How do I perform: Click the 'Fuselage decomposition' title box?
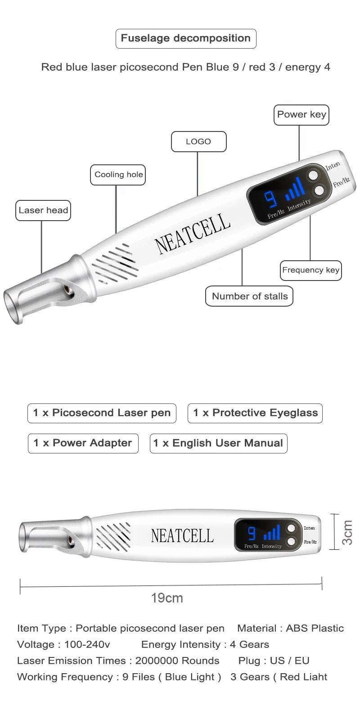186,38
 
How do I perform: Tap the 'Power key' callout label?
301,115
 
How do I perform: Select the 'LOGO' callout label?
198,142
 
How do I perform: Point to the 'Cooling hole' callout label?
118,175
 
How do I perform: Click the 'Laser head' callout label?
43,210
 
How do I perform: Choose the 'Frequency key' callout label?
310,270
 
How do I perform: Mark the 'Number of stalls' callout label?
249,296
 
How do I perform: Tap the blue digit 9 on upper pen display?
270,199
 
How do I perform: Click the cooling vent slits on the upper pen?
115,265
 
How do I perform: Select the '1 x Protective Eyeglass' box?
255,413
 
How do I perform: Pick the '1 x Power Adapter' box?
83,443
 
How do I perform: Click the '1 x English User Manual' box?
218,443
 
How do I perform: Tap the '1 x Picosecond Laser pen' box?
102,413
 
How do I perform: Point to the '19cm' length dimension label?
167,598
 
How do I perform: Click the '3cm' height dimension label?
347,532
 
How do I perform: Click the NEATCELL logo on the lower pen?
182,535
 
